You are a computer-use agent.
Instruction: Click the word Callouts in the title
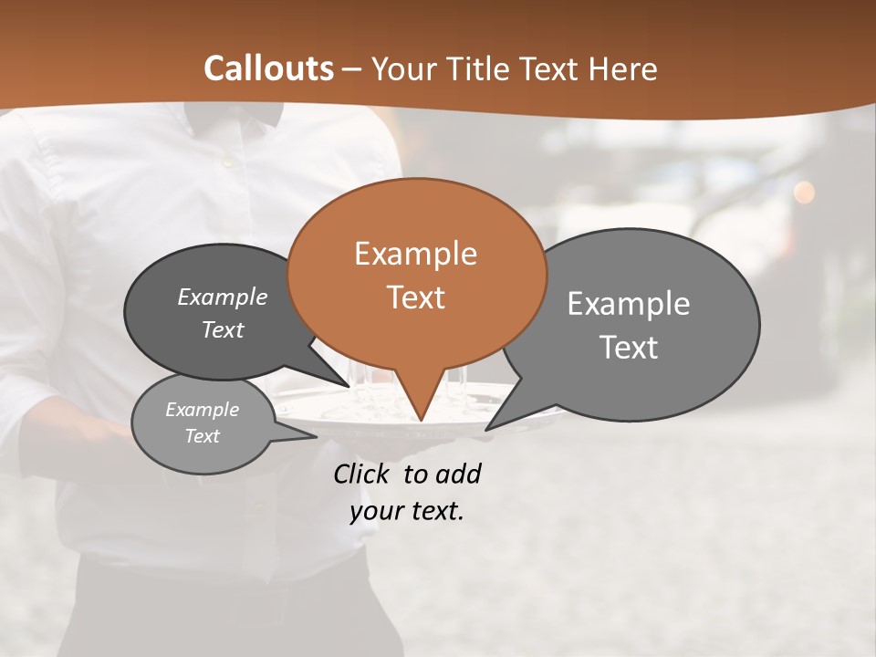[268, 68]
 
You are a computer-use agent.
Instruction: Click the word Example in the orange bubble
[415, 254]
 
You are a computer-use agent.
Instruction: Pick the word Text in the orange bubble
[415, 297]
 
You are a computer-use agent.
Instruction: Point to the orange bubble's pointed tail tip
[421, 421]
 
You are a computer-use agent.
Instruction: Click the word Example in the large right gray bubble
[628, 303]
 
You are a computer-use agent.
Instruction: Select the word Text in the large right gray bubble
[628, 347]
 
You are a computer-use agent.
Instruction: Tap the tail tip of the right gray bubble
[486, 429]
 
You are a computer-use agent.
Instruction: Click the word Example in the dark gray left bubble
[223, 297]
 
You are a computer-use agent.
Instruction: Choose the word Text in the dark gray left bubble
[223, 329]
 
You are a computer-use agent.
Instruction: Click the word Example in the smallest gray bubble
[202, 410]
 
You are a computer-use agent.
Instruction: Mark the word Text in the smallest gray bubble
[202, 436]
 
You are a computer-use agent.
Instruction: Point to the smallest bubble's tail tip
[316, 436]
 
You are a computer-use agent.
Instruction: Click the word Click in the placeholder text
[362, 474]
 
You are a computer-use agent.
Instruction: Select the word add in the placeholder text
[457, 474]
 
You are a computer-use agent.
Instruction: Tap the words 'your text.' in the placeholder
[407, 510]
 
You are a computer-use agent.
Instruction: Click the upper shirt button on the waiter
[225, 162]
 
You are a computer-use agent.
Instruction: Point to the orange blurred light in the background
[804, 192]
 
